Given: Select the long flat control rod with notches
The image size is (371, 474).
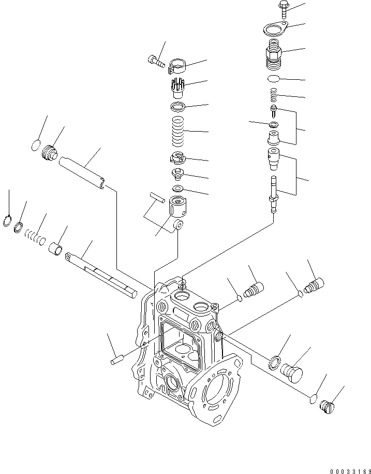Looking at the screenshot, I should coord(103,274).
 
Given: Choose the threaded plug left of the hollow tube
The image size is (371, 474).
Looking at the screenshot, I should coord(50,153).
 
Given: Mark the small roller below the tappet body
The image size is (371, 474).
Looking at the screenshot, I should coord(179,225).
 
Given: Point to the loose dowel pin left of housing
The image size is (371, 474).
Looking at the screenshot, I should coord(116,360).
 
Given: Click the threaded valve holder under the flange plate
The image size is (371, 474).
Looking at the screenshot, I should coord(273,56).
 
